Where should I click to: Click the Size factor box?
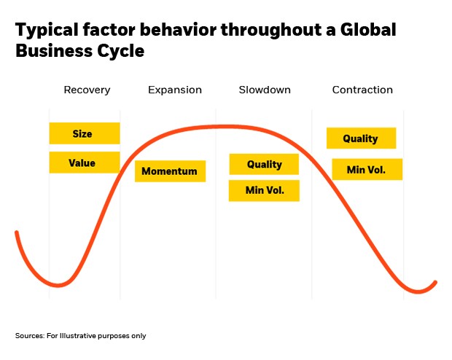[85, 133]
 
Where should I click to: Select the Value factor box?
[85, 163]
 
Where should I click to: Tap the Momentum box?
[170, 171]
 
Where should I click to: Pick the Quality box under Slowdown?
[264, 164]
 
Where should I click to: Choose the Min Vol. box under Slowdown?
[264, 190]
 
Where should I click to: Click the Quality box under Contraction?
[361, 138]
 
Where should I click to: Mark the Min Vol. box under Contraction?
[367, 169]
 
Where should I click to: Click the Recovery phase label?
[87, 90]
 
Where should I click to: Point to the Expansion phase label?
[175, 90]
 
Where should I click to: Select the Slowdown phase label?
[265, 90]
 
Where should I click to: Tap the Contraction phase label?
[362, 90]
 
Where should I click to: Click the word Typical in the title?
[47, 31]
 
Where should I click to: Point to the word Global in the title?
[368, 29]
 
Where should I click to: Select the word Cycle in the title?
[120, 52]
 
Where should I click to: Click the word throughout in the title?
[271, 31]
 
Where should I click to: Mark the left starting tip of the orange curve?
[17, 232]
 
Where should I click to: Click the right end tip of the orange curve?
[435, 283]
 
